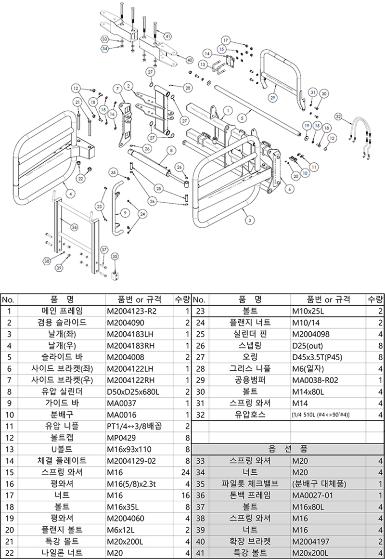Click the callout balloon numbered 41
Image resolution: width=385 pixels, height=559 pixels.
[x=168, y=37]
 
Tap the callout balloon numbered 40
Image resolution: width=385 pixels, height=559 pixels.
[x=190, y=60]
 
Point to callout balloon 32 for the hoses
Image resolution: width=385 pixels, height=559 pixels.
[x=338, y=117]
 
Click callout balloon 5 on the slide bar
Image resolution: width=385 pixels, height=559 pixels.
[x=242, y=117]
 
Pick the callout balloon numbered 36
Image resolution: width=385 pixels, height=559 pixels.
[x=74, y=227]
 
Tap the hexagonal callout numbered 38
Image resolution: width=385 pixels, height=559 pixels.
[x=47, y=261]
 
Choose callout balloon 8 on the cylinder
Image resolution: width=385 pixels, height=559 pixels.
[x=171, y=150]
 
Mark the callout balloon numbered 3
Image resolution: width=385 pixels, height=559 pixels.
[x=250, y=221]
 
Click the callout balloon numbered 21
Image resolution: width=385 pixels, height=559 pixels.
[x=77, y=103]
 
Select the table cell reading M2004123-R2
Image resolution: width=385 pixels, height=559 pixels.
[x=131, y=311]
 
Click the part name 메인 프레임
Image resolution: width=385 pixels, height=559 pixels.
[x=62, y=311]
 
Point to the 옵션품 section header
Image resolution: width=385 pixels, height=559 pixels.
[x=288, y=449]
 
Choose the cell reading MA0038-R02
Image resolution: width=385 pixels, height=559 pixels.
[x=315, y=380]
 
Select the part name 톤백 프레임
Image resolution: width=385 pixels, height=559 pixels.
[x=250, y=495]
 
